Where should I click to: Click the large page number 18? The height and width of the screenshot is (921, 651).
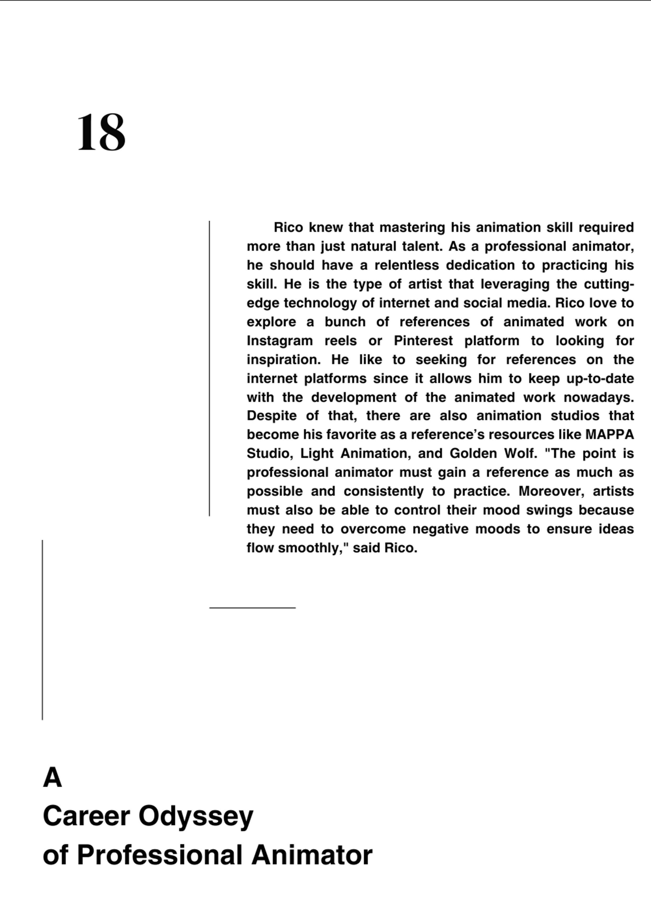pos(101,132)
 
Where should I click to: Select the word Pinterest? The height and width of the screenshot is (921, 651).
pos(423,341)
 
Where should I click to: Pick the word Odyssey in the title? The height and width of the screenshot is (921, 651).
pos(196,816)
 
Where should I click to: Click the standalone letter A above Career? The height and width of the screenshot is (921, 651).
pos(52,778)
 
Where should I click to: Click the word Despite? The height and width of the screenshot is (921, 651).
pos(271,416)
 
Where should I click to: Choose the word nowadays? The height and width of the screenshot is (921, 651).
pos(598,398)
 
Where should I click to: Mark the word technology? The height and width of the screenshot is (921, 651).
pos(320,303)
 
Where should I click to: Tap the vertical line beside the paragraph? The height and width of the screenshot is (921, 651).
pos(209,368)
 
